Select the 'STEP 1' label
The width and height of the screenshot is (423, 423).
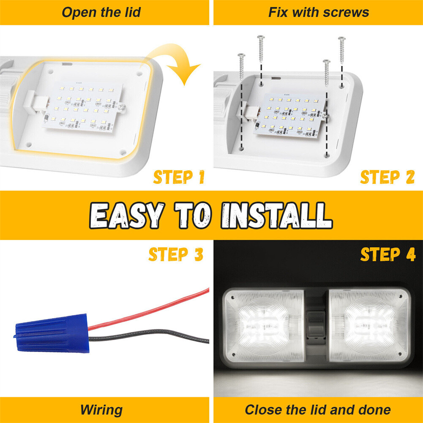(179, 177)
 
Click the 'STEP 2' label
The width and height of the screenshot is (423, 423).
(387, 177)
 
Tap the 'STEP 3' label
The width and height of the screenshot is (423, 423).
(176, 255)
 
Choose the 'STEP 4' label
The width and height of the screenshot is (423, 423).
(388, 255)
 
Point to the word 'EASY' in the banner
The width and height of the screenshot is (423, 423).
(127, 216)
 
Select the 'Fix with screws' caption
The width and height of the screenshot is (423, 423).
(319, 12)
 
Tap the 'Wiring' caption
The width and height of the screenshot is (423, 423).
(101, 409)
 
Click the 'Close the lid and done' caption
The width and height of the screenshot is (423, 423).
(318, 409)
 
